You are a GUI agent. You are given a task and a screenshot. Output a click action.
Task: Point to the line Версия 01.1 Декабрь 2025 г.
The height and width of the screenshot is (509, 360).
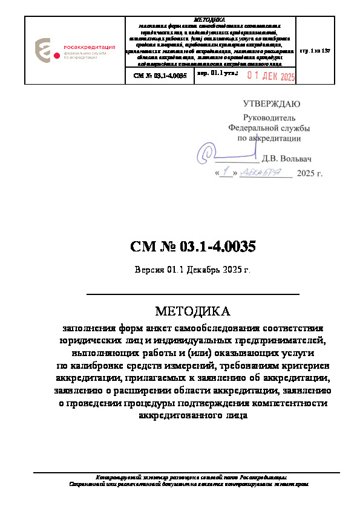[192, 269]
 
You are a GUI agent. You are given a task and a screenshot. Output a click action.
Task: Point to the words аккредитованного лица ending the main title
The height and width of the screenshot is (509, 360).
[193, 415]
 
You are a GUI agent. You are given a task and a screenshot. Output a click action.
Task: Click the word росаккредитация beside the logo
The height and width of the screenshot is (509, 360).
[84, 46]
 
